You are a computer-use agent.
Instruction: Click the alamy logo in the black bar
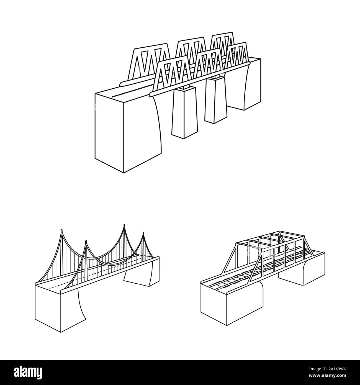(x=30, y=372)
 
